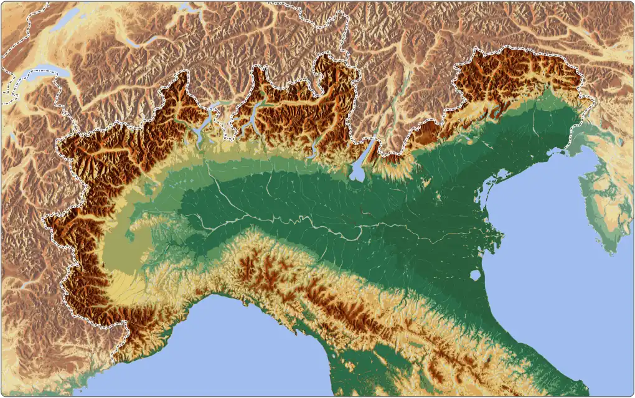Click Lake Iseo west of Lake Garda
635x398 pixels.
(x=314, y=149)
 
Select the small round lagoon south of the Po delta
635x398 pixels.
(x=475, y=275)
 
